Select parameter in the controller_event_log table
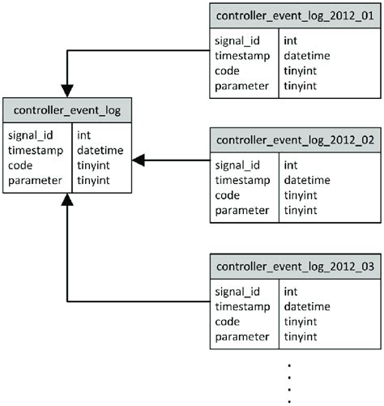pyautogui.click(x=35, y=180)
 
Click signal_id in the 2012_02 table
pyautogui.click(x=237, y=165)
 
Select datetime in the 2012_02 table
pyautogui.click(x=308, y=181)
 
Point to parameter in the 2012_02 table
pyautogui.click(x=241, y=211)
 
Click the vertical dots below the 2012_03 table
pyautogui.click(x=289, y=381)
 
